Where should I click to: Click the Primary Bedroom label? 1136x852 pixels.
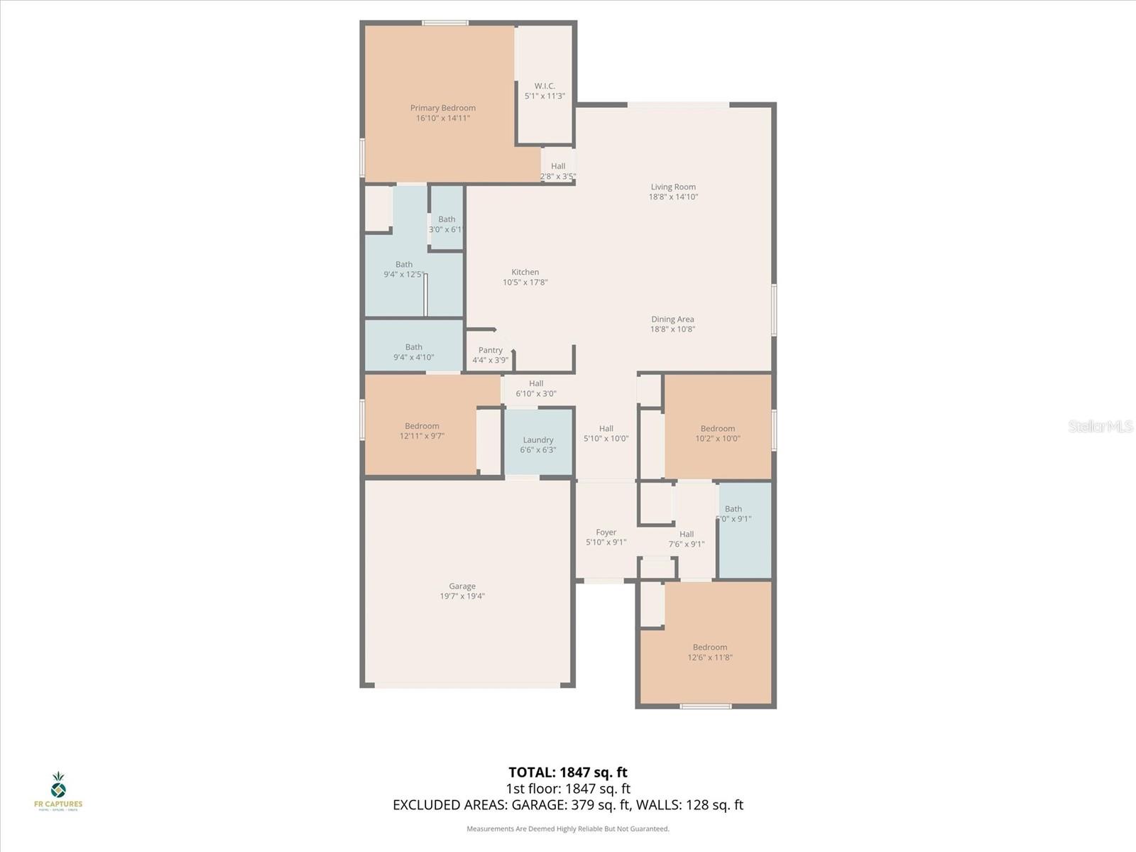(x=443, y=109)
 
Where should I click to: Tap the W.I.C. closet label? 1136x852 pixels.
(x=545, y=87)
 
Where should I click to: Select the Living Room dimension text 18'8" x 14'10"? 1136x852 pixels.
(x=673, y=197)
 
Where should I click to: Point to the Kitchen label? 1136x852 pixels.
(x=525, y=273)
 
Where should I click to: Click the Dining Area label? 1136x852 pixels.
(x=672, y=319)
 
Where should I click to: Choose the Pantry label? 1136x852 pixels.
(x=491, y=351)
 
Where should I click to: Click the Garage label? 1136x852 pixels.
(x=462, y=586)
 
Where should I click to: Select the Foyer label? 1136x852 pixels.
(x=606, y=532)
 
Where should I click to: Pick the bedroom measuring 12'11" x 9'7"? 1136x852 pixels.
(x=422, y=431)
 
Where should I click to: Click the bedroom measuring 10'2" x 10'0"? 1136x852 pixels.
(x=718, y=433)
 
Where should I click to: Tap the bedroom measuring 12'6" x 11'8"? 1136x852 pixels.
(x=710, y=652)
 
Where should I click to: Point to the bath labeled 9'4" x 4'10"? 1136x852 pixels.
(x=414, y=352)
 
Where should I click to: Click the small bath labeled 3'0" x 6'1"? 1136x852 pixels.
(x=447, y=224)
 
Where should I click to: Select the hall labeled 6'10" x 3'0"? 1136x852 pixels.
(x=536, y=388)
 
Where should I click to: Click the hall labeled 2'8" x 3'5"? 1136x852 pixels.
(x=558, y=171)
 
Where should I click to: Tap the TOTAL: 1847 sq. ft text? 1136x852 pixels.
(x=568, y=772)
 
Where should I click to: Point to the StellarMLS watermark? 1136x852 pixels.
(x=1100, y=427)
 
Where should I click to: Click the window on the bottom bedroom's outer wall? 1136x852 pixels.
(x=706, y=706)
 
